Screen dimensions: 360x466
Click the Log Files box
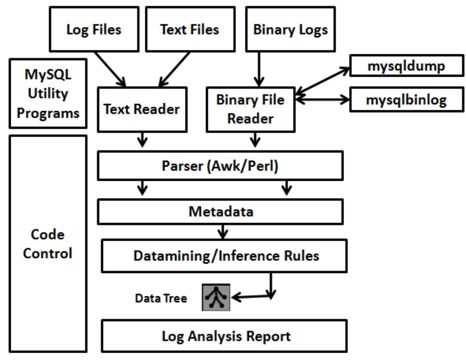coord(94,29)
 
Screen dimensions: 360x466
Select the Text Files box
coord(190,29)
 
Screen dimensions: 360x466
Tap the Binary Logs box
coord(291,30)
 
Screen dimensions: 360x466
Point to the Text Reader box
coord(141,109)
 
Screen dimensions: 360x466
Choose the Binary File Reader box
coord(250,109)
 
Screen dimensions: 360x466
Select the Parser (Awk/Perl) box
coord(220,166)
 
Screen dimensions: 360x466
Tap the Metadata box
coord(220,212)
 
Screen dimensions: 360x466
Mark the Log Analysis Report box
coord(225,336)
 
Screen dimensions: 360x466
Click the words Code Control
coord(48,244)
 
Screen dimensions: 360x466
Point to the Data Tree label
coord(161,298)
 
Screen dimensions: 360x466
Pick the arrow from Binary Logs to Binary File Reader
coord(258,69)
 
